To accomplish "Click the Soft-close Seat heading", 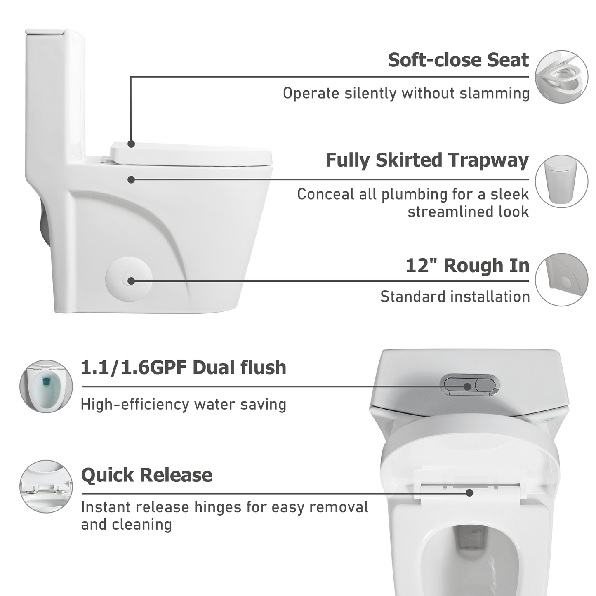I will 458,60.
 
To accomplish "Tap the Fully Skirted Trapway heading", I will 427,160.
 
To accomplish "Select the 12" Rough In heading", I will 467,266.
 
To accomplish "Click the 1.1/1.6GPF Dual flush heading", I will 183,367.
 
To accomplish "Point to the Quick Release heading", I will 147,475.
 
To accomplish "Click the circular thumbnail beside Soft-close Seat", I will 561,77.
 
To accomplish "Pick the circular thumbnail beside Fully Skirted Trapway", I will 561,181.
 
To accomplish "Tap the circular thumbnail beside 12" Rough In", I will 561,280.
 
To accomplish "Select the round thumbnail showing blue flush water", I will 46,386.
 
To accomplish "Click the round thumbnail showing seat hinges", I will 46,487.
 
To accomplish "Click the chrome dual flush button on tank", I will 469,385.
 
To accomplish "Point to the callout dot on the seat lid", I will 131,144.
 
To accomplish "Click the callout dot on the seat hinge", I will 469,492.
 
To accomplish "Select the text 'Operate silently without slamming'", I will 406,94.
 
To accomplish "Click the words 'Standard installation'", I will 455,297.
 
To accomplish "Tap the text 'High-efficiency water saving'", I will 183,405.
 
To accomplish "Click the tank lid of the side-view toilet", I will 45,32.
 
